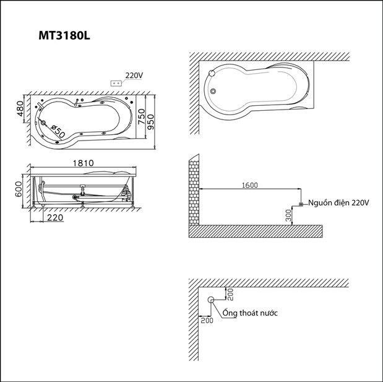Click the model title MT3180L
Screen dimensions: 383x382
[x=64, y=36]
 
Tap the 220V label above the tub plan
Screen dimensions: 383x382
[x=134, y=76]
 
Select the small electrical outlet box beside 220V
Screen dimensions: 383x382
[x=116, y=84]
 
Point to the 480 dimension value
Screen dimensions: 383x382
[x=20, y=108]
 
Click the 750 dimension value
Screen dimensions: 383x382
[x=141, y=116]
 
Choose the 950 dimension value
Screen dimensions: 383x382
[x=150, y=122]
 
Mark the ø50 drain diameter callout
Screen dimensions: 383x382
[x=58, y=131]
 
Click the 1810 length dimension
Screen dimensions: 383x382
[x=84, y=163]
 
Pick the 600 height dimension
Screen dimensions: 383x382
[x=19, y=189]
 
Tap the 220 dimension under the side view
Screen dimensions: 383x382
[x=55, y=217]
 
